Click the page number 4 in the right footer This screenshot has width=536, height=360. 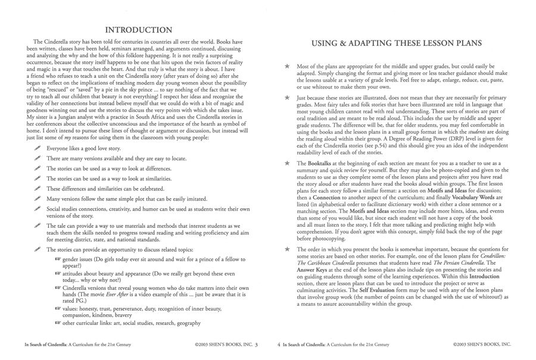[x=279, y=345]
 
